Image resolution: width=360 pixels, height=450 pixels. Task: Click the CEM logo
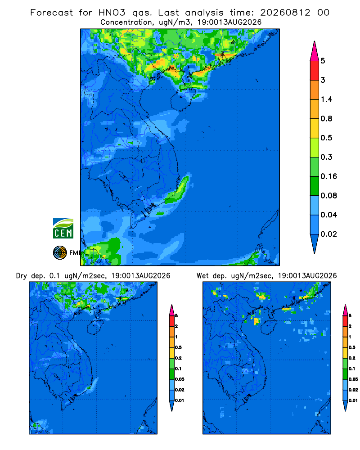point(63,229)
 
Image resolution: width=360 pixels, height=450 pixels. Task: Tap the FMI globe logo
point(60,253)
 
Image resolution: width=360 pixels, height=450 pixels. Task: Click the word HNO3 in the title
point(112,13)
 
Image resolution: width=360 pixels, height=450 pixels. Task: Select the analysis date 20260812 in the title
point(285,13)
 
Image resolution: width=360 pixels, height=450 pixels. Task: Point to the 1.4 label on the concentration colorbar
point(326,99)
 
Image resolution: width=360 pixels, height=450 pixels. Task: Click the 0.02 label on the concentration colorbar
point(328,234)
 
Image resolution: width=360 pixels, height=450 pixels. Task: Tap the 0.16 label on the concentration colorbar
point(328,176)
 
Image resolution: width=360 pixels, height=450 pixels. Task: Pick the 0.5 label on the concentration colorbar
point(326,138)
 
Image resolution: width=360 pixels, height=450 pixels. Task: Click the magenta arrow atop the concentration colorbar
point(315,52)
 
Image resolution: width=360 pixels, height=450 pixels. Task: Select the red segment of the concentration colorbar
point(315,71)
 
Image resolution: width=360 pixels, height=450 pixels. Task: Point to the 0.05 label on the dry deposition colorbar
point(180,379)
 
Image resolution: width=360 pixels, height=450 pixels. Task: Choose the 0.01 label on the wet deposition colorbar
point(353,400)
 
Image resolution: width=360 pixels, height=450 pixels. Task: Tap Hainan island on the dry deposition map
point(95,328)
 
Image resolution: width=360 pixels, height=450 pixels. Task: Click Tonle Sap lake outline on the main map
point(123,176)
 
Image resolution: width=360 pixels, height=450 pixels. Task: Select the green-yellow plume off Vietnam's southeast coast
point(177,191)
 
